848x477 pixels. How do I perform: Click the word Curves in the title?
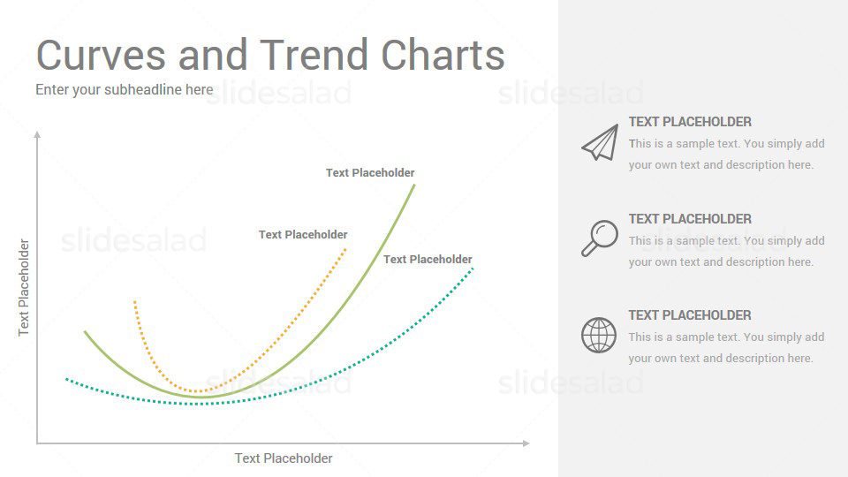[101, 55]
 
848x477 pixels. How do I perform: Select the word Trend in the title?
[314, 55]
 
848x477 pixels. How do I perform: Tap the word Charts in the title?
[443, 55]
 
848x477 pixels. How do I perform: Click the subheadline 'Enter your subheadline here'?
[125, 90]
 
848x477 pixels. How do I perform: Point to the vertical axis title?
[24, 288]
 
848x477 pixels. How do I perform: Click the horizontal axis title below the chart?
[284, 458]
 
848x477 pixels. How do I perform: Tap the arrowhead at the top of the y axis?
[37, 134]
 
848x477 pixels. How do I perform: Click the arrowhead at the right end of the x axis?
[526, 443]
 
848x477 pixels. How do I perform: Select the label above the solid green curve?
[370, 173]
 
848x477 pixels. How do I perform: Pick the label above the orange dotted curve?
[303, 235]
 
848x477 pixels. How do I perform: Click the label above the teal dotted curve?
[428, 260]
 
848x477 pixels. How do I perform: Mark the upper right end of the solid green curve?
[414, 185]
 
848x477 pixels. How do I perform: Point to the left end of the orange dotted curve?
[134, 302]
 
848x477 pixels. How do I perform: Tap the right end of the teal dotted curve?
[473, 269]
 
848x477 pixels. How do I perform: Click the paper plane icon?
[600, 142]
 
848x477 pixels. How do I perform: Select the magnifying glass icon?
[600, 238]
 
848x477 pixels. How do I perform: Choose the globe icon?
[599, 336]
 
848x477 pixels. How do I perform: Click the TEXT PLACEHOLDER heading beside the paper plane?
[690, 122]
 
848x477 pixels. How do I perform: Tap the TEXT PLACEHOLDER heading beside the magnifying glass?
[690, 219]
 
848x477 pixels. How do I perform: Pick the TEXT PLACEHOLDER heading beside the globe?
[690, 315]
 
